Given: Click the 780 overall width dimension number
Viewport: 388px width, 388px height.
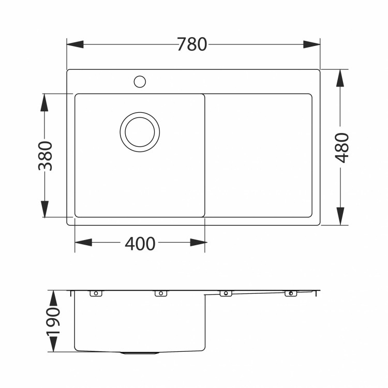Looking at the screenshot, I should coord(192,44).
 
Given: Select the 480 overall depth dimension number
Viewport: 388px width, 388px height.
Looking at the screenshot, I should coord(342,147).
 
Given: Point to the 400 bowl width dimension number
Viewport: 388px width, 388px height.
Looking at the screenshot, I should coord(140,243).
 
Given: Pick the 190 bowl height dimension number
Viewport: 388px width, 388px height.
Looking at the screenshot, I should coord(53,321).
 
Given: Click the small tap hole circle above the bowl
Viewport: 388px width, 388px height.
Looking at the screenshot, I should coord(140,81).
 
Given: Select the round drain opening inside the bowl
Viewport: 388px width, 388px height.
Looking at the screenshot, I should coord(140,131).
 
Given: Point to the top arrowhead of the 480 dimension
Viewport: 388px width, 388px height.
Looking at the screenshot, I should coord(340,78).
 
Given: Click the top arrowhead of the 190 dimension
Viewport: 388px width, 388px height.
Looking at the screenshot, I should coord(53,298).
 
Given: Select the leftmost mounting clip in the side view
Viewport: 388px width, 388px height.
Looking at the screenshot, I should coord(95,293).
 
